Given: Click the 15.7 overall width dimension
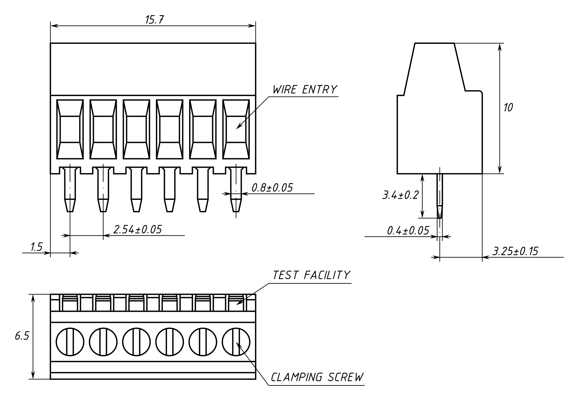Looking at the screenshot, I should click(x=154, y=20).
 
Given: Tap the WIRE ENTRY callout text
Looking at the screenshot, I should click(x=304, y=90).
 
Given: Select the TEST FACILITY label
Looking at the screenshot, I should click(x=311, y=275).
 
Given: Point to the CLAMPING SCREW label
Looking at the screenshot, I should click(x=317, y=377).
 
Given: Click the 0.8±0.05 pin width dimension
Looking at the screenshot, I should click(x=272, y=188).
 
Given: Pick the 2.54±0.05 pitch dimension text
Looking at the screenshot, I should click(x=137, y=229).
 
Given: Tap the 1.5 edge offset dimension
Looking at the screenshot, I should click(x=36, y=247).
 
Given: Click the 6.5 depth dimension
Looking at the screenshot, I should click(x=22, y=336).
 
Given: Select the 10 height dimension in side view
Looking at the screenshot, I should click(x=508, y=107).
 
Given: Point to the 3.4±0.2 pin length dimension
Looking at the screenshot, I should click(x=400, y=195).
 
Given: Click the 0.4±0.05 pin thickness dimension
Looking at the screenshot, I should click(x=408, y=231).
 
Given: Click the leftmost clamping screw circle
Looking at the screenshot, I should click(x=70, y=342).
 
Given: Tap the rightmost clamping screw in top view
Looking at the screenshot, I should click(x=236, y=342).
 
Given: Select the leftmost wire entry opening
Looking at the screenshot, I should click(x=70, y=129).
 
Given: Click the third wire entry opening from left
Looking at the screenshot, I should click(x=136, y=129).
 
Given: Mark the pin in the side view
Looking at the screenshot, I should click(x=439, y=195).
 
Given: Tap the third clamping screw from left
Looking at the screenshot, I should click(x=136, y=342).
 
